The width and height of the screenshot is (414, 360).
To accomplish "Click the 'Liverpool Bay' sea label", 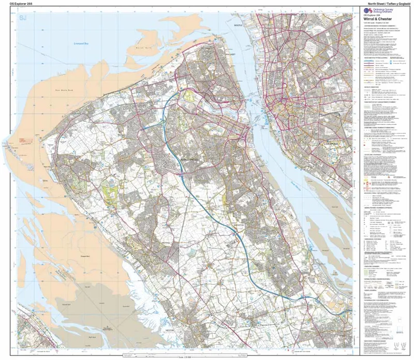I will pyautogui.click(x=82, y=43).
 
